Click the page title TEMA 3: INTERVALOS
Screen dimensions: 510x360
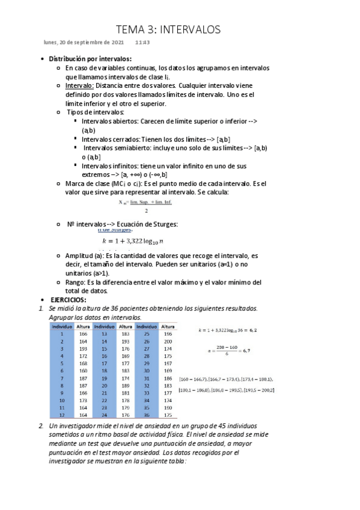168,29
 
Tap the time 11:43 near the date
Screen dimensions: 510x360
142,43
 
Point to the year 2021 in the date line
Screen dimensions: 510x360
115,43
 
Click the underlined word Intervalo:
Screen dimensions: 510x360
79,85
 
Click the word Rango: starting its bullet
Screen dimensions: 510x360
77,282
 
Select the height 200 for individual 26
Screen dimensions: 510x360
168,340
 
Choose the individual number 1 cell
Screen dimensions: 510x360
62,333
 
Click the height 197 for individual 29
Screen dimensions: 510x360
168,363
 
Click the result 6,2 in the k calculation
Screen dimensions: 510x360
252,330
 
